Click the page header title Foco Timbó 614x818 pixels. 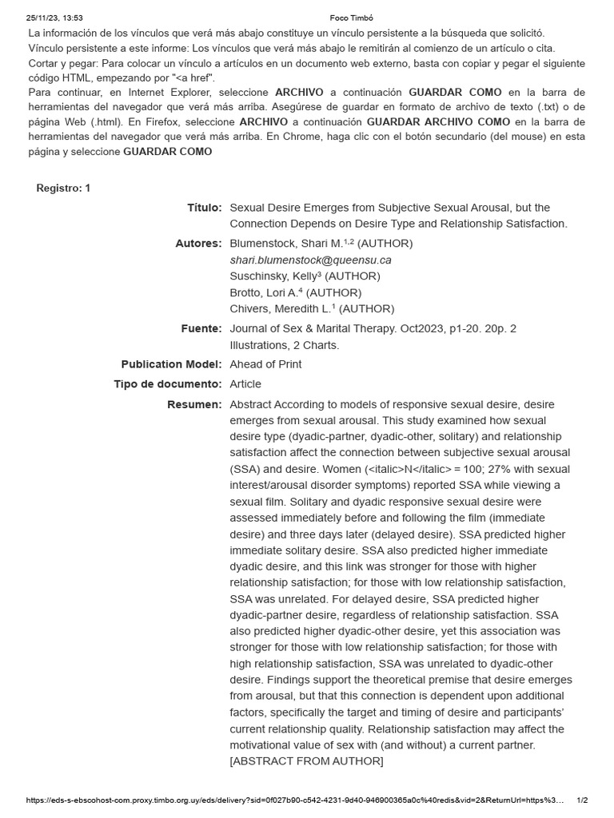(352, 18)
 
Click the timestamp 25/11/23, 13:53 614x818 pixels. (54, 18)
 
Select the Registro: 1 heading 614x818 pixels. (64, 188)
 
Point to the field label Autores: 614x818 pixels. (198, 244)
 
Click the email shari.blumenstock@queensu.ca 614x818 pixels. (310, 260)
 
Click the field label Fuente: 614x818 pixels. (201, 328)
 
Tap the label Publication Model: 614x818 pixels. (171, 364)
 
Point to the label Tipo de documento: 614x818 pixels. (168, 384)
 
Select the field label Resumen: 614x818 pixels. (194, 405)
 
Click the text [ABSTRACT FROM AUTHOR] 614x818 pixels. (306, 761)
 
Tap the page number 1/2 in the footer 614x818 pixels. (582, 800)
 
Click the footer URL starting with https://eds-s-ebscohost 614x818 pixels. (296, 800)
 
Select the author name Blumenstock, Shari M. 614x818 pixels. (290, 244)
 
